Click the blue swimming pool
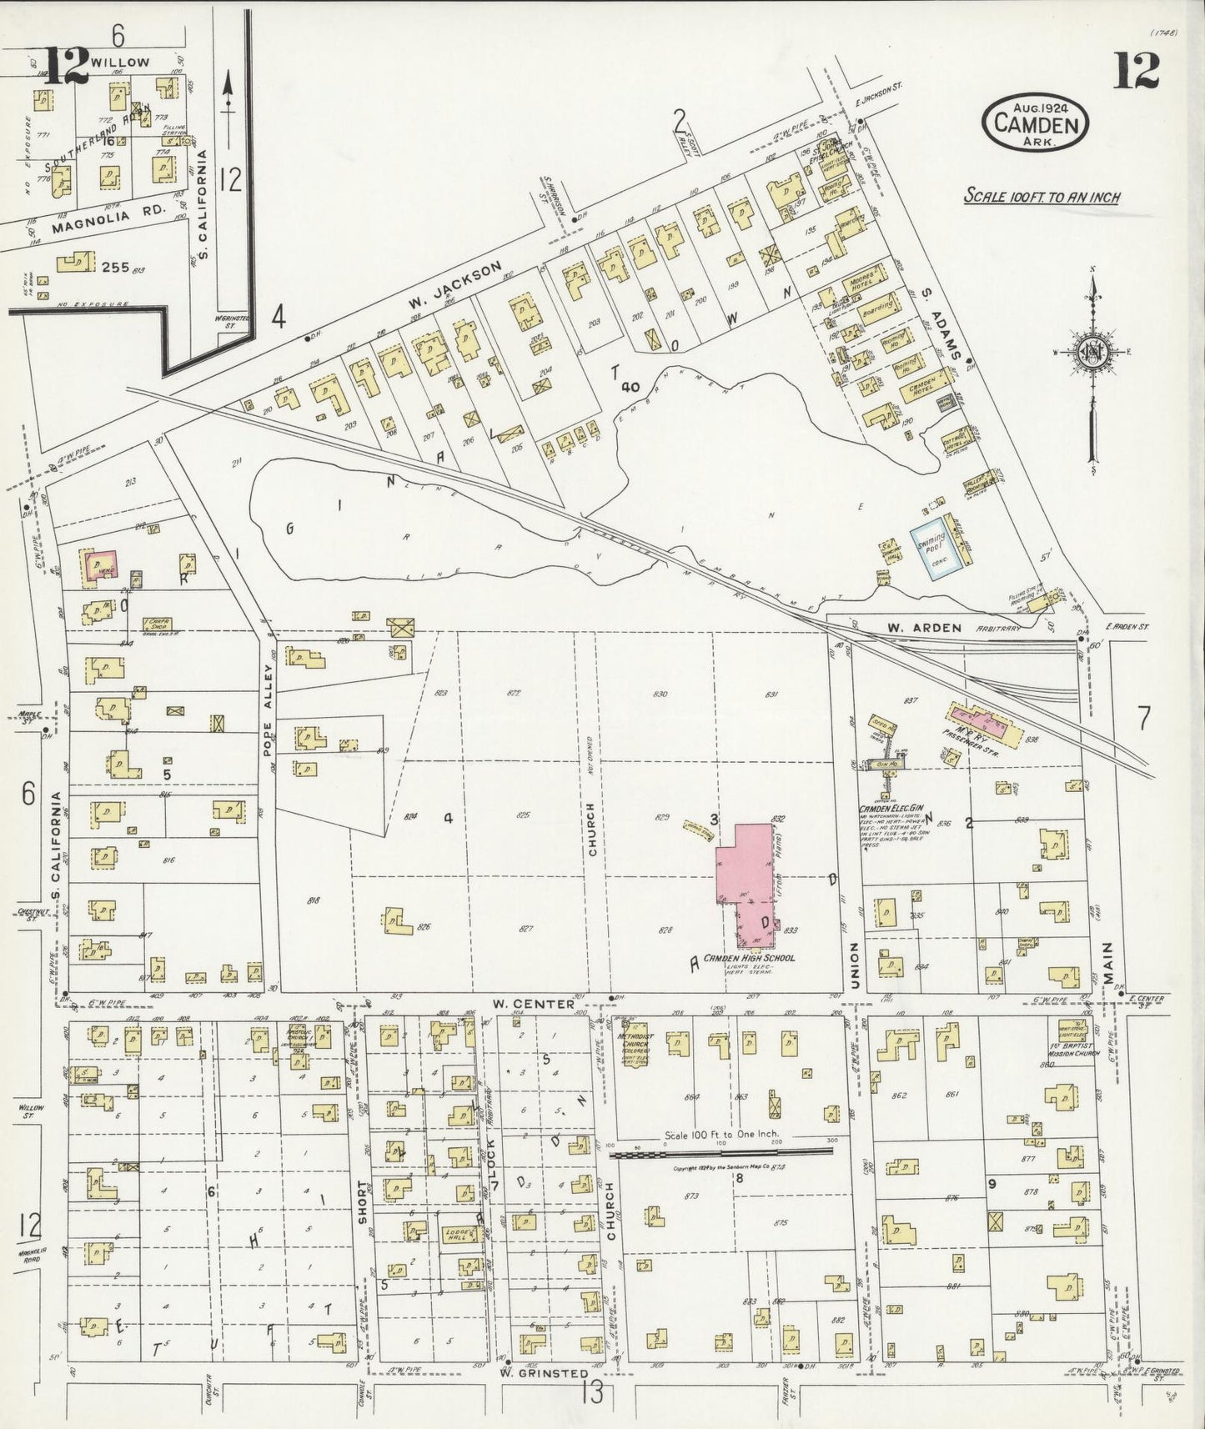[931, 551]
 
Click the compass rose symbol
[1092, 351]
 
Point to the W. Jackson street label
[455, 289]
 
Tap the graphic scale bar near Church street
[721, 1153]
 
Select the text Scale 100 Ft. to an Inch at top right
[1041, 198]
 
